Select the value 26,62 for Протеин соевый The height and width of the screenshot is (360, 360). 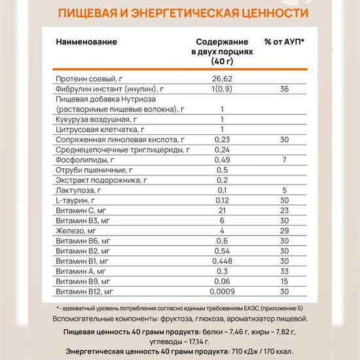pos(223,78)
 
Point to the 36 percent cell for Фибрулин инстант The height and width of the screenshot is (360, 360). pos(284,88)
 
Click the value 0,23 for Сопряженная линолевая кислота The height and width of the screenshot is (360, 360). pos(223,139)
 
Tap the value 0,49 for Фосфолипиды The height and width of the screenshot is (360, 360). pos(223,160)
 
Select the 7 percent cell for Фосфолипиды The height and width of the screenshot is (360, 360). pos(284,160)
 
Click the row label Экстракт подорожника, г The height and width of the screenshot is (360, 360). pos(100,180)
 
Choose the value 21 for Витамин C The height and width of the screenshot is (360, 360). pos(223,211)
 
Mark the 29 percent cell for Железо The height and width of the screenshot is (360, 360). pos(284,231)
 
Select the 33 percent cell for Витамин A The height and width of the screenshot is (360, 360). pos(284,272)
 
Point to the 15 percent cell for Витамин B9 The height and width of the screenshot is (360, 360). pos(284,282)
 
